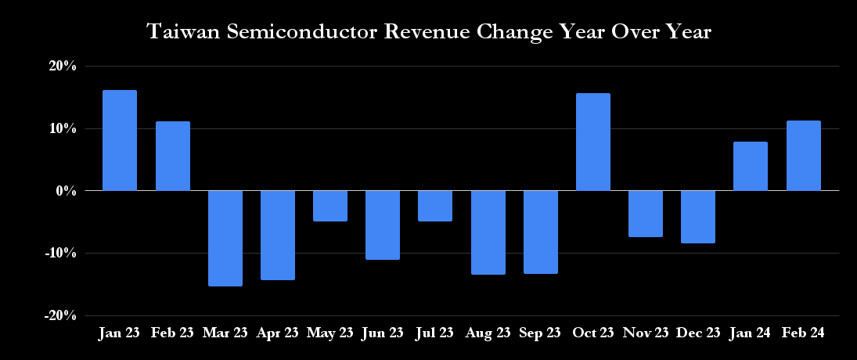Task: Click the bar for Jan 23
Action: [x=120, y=140]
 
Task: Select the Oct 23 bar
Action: [x=592, y=142]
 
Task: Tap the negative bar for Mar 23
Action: [x=225, y=238]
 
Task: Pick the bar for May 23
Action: [x=330, y=206]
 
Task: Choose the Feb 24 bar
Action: [x=803, y=156]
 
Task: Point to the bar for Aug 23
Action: [x=488, y=232]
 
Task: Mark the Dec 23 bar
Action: [x=697, y=217]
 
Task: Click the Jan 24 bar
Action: [x=751, y=166]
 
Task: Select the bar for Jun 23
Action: [x=383, y=225]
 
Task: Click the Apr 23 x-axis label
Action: [x=278, y=333]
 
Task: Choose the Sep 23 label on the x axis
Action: [x=540, y=333]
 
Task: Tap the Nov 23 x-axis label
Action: [x=646, y=333]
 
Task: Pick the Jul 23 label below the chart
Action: [x=435, y=333]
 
